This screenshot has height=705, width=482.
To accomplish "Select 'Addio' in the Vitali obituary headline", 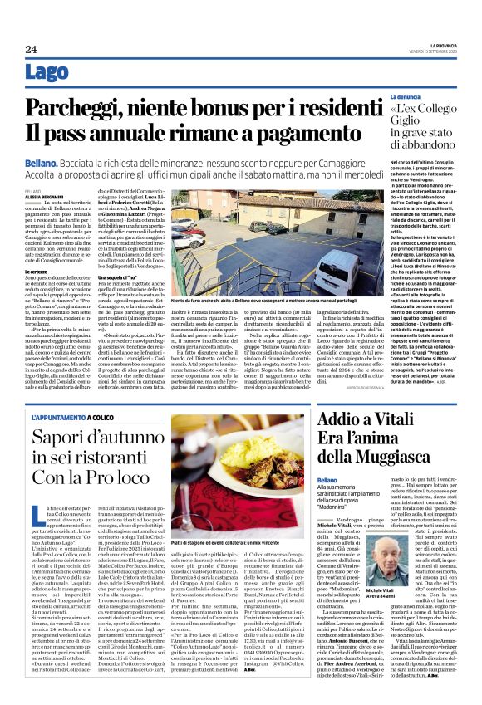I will (337, 422).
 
